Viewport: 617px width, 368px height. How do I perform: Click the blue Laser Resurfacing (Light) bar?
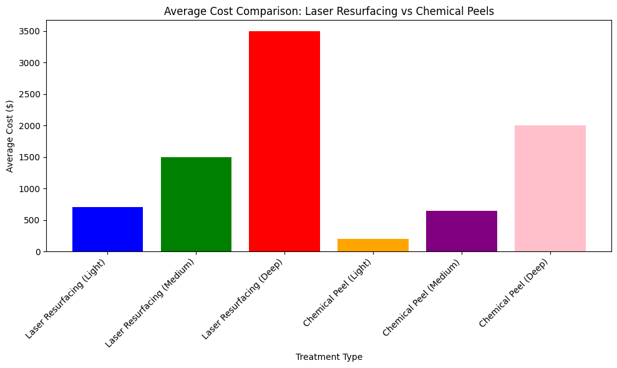point(107,229)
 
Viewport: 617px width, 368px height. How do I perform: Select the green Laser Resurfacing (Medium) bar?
point(196,204)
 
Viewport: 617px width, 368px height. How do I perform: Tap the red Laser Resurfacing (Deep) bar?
point(284,141)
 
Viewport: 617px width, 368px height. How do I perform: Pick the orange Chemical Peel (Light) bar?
point(373,245)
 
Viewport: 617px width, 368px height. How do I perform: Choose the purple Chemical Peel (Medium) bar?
point(462,231)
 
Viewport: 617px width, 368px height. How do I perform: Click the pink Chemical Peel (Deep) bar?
point(550,188)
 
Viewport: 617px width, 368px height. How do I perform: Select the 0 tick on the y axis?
point(39,252)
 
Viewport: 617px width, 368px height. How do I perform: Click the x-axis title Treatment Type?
point(329,357)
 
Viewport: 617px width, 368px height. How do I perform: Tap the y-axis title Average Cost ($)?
point(10,136)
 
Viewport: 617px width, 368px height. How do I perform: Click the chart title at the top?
point(329,11)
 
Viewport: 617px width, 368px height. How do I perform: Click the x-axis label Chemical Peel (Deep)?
point(516,292)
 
